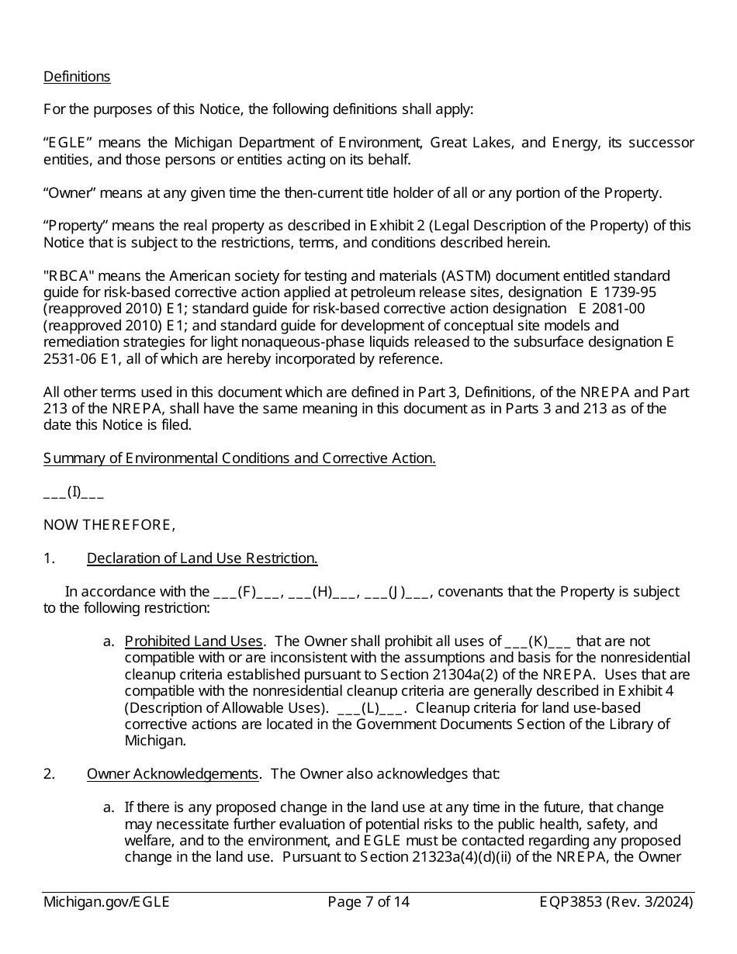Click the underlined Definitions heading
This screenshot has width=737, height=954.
(77, 77)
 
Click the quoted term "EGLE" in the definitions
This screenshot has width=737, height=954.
(68, 143)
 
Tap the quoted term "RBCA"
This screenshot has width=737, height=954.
(68, 276)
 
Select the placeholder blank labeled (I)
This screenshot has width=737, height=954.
(74, 492)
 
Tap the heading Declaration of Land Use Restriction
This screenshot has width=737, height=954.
(202, 558)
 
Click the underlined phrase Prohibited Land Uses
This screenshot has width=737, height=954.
(193, 641)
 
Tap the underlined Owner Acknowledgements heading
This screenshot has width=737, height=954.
(172, 774)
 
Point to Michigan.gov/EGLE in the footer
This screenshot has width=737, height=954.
(106, 902)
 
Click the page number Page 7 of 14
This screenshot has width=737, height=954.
(368, 902)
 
